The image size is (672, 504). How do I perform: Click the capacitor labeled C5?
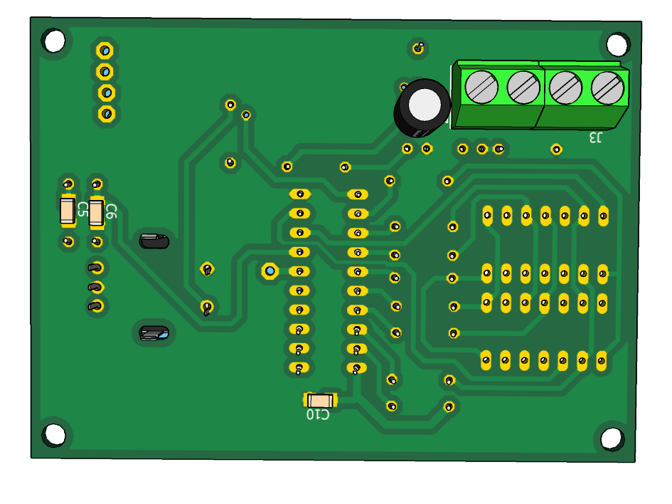point(68,211)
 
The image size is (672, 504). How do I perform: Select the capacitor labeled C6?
point(96,212)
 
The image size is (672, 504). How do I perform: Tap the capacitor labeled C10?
point(320,401)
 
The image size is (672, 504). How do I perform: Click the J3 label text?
point(595,137)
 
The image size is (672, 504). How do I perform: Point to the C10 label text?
point(318,414)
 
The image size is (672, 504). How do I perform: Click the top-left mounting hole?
point(54,41)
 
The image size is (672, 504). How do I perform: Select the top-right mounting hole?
point(617,44)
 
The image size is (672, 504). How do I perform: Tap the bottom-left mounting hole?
point(55,434)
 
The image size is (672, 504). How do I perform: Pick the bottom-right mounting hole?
point(612,439)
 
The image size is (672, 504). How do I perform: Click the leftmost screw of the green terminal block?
point(481,87)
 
